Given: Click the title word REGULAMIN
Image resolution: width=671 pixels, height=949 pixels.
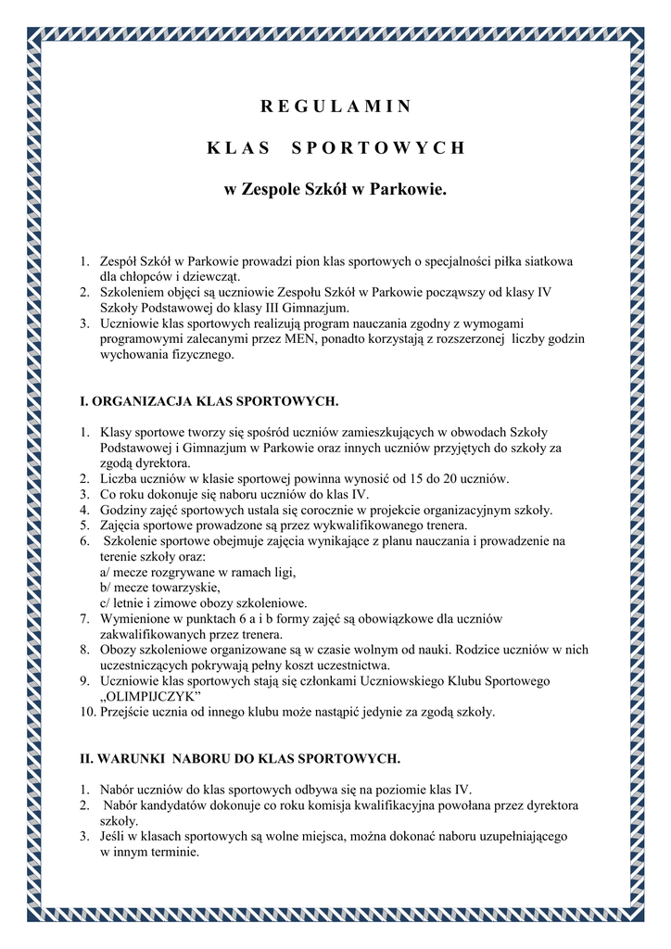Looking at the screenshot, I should click(335, 106).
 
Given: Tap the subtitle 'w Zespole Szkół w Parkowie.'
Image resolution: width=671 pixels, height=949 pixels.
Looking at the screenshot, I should click(335, 190).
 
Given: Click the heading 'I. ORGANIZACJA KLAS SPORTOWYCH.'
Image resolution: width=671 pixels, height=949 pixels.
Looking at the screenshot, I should click(210, 401).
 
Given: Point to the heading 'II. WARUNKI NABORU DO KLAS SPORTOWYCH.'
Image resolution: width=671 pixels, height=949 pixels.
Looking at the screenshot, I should click(241, 758).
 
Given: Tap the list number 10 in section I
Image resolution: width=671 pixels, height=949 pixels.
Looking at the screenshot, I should click(87, 712).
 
